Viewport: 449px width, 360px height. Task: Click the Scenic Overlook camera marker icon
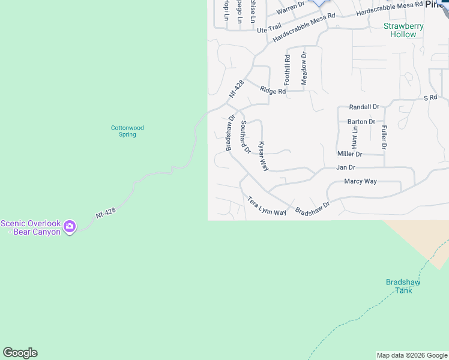pos(70,226)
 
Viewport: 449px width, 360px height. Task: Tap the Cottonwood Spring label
pos(127,131)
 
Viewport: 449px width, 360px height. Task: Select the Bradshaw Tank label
pos(403,286)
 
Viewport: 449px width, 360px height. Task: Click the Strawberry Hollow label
pos(403,30)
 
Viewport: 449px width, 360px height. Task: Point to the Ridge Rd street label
pos(273,91)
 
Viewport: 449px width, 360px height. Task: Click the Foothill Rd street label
pos(288,70)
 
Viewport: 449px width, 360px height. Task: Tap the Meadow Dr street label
pos(304,68)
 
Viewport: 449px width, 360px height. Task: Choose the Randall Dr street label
pos(364,107)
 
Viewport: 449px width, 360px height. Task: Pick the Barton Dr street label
pos(361,121)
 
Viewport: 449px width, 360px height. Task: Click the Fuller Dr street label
pos(384,137)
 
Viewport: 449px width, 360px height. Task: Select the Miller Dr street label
pos(350,154)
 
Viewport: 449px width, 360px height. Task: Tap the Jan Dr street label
pos(346,167)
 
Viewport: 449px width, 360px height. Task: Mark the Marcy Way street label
pos(360,181)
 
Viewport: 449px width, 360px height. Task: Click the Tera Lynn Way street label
pos(267,206)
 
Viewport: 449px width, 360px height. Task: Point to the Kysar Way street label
pos(262,156)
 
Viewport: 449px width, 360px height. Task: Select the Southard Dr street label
pos(245,136)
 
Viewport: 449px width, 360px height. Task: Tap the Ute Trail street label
pos(269,28)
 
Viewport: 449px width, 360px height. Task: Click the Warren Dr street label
pos(291,7)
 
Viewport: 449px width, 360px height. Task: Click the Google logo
pos(20,353)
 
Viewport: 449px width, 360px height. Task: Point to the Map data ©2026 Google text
pos(412,355)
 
